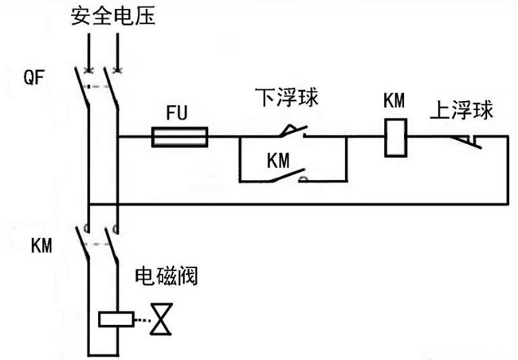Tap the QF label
pyautogui.click(x=36, y=77)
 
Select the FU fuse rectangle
pyautogui.click(x=181, y=138)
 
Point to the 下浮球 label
pyautogui.click(x=287, y=97)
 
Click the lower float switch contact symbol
pyautogui.click(x=292, y=130)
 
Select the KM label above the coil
pyautogui.click(x=394, y=101)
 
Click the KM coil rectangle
pyautogui.click(x=394, y=137)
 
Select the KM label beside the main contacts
pyautogui.click(x=41, y=245)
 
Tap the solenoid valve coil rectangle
pyautogui.click(x=116, y=318)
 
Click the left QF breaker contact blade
pyautogui.click(x=82, y=85)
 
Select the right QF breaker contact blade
pyautogui.click(x=112, y=85)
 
